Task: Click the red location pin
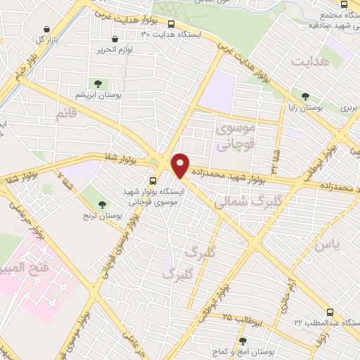click(x=181, y=165)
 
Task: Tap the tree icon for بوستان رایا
click(x=305, y=96)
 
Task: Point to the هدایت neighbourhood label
click(x=307, y=63)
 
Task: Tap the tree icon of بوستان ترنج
click(x=103, y=203)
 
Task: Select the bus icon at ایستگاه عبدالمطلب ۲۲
click(x=331, y=311)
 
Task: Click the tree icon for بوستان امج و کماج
click(x=243, y=340)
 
